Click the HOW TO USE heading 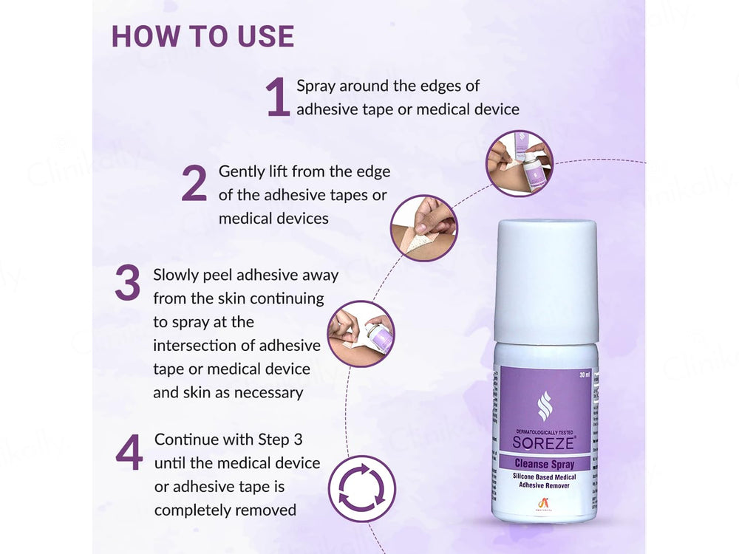(202, 36)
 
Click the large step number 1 (278, 98)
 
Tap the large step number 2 (194, 185)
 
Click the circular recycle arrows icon (362, 488)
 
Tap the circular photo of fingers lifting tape (423, 228)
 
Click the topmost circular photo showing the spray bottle (520, 163)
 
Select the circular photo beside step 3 (361, 334)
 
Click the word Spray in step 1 (316, 86)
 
